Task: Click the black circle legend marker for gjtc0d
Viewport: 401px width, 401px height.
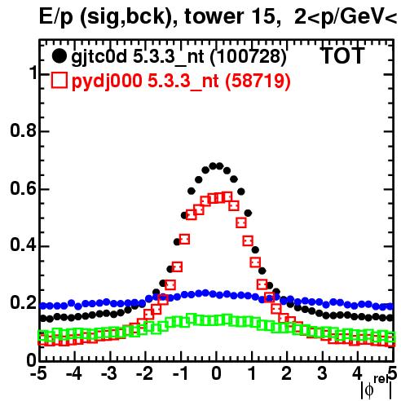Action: tap(59, 56)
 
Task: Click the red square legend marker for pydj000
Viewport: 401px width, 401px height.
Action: tap(59, 80)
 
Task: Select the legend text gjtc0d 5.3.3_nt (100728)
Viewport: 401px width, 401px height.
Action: tap(178, 57)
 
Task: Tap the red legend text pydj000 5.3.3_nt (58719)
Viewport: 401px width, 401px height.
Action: tap(181, 81)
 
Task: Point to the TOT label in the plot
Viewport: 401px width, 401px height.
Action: tap(342, 55)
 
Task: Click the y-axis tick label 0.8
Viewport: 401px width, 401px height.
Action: tap(23, 130)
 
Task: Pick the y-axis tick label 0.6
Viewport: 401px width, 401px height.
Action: tap(23, 188)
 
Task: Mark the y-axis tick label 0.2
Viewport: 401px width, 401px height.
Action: tap(23, 302)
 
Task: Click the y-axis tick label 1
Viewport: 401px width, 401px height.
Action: tap(33, 73)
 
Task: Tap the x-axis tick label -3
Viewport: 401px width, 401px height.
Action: tap(109, 374)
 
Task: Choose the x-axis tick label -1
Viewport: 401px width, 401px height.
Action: tap(180, 374)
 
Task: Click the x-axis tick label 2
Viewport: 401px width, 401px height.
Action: tap(287, 374)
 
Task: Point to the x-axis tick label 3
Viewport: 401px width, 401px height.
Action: tap(322, 374)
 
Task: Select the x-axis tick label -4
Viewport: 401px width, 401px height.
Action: tap(73, 374)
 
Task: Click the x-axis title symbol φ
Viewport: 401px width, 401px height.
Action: tap(369, 390)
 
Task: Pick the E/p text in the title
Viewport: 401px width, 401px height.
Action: tap(56, 18)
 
